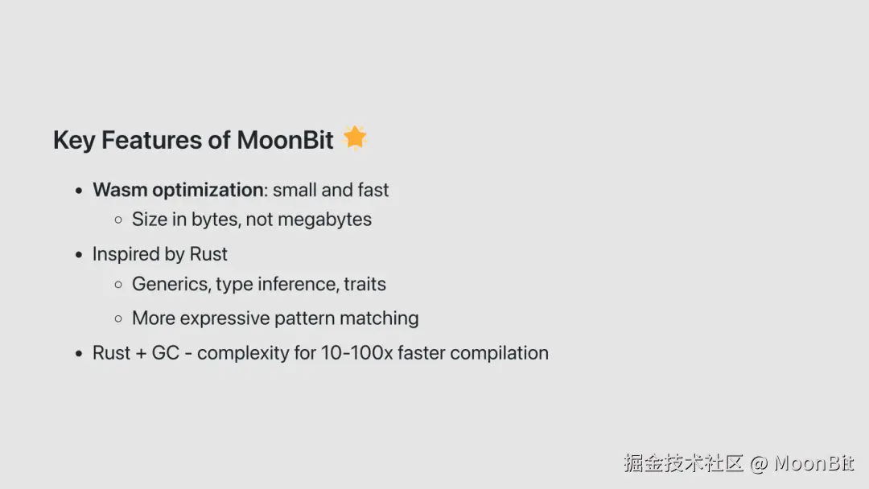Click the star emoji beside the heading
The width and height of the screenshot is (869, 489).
[355, 138]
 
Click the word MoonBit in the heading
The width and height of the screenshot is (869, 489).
[285, 140]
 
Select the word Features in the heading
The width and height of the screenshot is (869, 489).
[151, 140]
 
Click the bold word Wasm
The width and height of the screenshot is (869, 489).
[120, 190]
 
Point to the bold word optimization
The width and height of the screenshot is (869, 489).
[208, 191]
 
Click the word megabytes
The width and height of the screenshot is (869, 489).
[325, 220]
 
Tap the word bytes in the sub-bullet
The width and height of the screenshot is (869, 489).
[216, 220]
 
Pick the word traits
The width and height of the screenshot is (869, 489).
[364, 284]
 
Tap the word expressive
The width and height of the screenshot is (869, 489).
[224, 319]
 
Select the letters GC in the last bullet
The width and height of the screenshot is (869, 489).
[166, 353]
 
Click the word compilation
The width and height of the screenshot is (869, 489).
[500, 353]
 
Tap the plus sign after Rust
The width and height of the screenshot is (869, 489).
[141, 354]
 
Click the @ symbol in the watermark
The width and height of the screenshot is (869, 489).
[758, 463]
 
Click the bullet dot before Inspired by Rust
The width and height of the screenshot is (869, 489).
[79, 255]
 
